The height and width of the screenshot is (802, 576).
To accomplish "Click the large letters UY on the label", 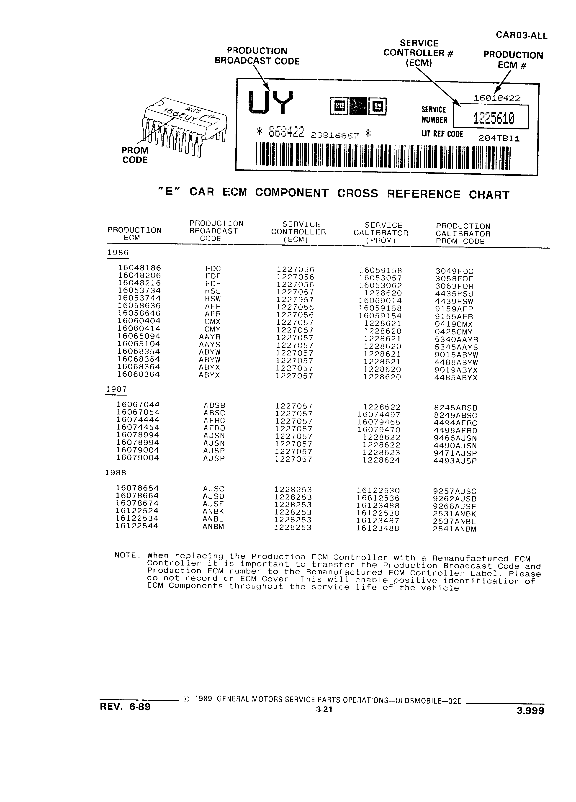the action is pyautogui.click(x=271, y=103).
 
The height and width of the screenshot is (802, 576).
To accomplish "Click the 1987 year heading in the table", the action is pyautogui.click(x=116, y=389).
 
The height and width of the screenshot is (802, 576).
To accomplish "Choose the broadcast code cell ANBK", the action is pyautogui.click(x=213, y=511).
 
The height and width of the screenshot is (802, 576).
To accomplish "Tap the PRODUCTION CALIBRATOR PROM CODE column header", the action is pyautogui.click(x=463, y=234).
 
